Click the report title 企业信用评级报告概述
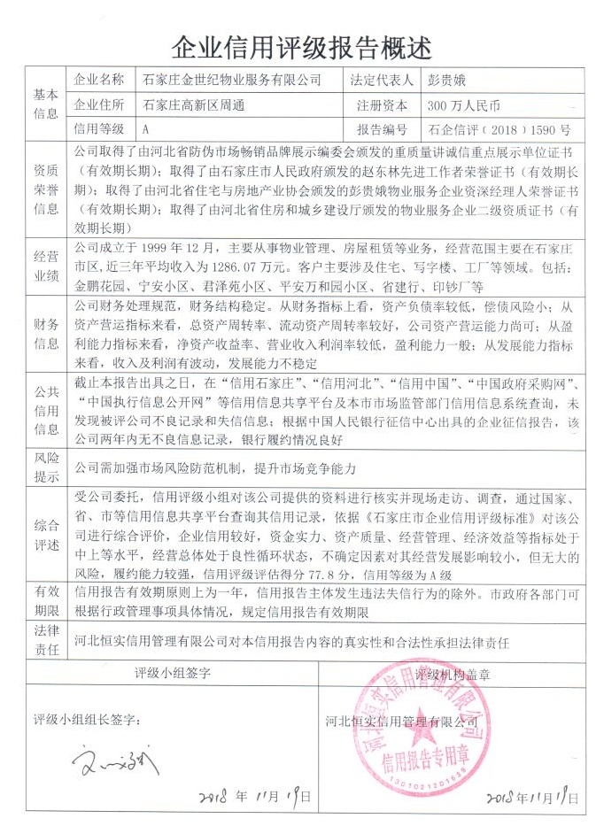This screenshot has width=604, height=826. click(x=302, y=42)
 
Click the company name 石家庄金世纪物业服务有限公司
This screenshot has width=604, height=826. click(x=233, y=79)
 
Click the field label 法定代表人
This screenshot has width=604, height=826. click(x=383, y=79)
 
